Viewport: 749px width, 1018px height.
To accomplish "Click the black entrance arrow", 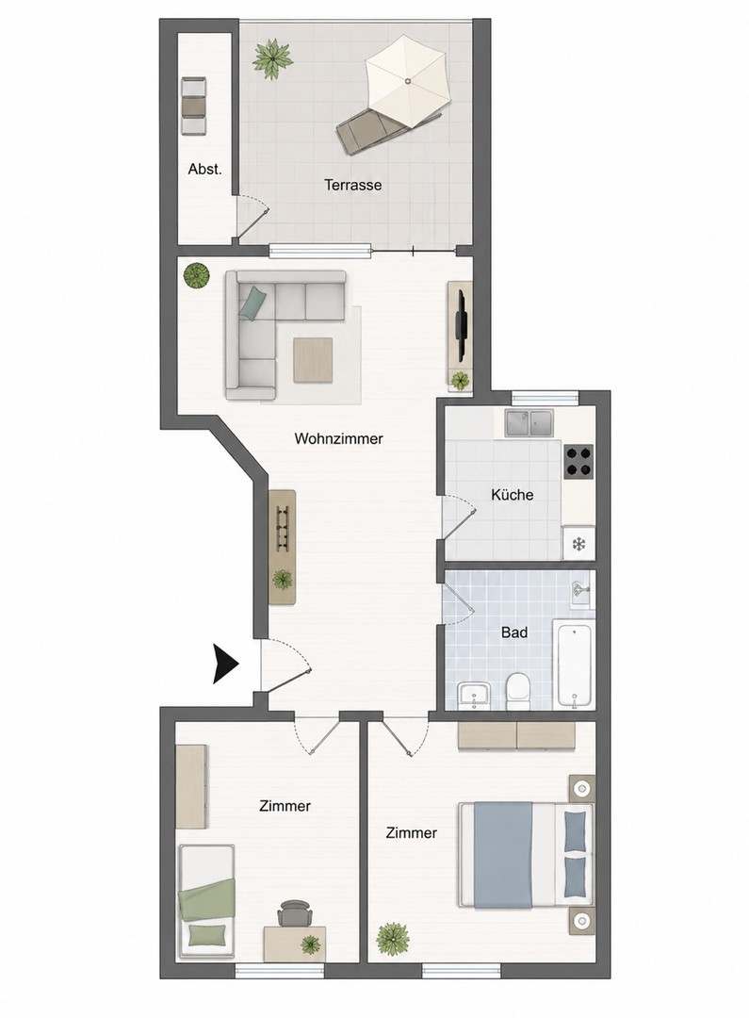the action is (225, 665).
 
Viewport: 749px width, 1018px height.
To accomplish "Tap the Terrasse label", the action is (353, 185).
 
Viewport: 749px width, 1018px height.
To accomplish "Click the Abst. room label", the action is (204, 170).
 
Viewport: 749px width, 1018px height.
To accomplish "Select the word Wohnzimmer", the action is (339, 439).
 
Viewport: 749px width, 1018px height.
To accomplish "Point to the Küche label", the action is (513, 495).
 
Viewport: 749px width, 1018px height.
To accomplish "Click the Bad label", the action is (514, 632).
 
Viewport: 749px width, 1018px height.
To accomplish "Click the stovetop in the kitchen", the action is (579, 462).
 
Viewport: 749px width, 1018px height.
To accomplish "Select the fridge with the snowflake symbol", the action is (579, 542).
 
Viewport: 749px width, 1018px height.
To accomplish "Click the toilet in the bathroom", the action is (518, 691).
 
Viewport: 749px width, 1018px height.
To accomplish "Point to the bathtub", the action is (575, 663).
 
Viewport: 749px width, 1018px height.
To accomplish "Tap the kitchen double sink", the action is (529, 423).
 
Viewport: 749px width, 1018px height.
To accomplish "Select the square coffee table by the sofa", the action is (313, 360).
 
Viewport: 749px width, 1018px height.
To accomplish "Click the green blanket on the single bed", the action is (206, 900).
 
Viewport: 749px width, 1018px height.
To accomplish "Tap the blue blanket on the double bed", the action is (504, 854).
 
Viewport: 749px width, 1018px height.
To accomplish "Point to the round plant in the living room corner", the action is (196, 276).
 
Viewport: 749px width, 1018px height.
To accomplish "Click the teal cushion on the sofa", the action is (252, 304).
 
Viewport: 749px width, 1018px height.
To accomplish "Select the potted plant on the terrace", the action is (272, 59).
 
